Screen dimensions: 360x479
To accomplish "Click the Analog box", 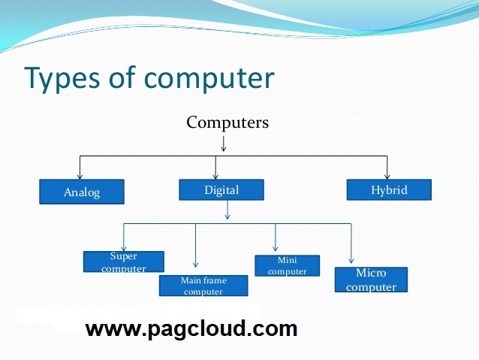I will pyautogui.click(x=81, y=192).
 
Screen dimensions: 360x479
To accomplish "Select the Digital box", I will pyautogui.click(x=221, y=190).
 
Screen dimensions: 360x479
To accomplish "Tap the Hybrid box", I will pyautogui.click(x=389, y=190).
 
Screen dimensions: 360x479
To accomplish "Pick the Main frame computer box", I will pyautogui.click(x=203, y=286).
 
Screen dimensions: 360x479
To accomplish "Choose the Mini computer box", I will pyautogui.click(x=287, y=266).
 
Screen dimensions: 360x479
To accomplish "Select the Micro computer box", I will pyautogui.click(x=371, y=280).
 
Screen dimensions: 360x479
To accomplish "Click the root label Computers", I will pyautogui.click(x=227, y=123).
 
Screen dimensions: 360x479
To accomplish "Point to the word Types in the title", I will pyautogui.click(x=60, y=79).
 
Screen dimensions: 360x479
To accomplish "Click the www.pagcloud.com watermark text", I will pyautogui.click(x=191, y=328).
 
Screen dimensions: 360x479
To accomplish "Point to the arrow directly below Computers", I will pyautogui.click(x=223, y=144).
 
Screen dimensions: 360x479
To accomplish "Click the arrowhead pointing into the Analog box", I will pyautogui.click(x=80, y=176).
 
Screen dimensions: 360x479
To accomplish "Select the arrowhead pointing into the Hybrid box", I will pyautogui.click(x=387, y=174).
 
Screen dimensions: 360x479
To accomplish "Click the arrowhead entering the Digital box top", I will pyautogui.click(x=216, y=174).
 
